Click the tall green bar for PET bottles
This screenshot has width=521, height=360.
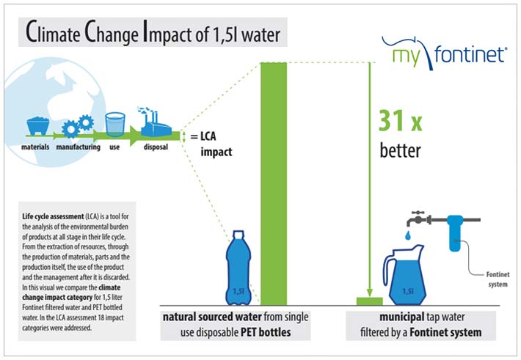(x=273, y=183)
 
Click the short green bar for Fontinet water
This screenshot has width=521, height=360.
(x=369, y=302)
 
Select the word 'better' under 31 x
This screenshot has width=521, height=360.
(x=401, y=152)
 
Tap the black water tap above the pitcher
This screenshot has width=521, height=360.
(x=419, y=218)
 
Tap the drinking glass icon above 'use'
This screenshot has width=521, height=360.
(x=114, y=125)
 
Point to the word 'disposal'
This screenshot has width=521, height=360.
(x=155, y=147)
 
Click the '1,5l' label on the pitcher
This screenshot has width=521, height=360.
(x=407, y=291)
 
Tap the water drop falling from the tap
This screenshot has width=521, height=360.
(x=405, y=233)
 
